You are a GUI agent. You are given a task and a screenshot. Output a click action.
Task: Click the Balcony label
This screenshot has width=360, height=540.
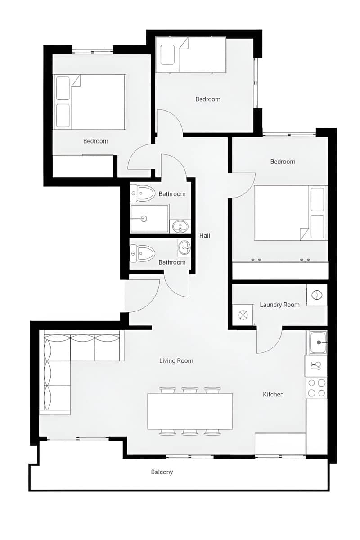pyautogui.click(x=162, y=472)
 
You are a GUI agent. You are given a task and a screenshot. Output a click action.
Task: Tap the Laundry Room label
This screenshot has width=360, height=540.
pyautogui.click(x=279, y=305)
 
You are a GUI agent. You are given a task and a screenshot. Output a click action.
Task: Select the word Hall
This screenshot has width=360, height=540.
pyautogui.click(x=205, y=235)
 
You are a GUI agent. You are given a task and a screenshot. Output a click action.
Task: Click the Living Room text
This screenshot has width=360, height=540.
pyautogui.click(x=176, y=360)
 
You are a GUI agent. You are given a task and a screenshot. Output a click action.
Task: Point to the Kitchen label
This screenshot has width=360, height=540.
pyautogui.click(x=273, y=394)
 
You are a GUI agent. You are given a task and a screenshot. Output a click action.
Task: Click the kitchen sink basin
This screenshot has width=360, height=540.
pyautogui.click(x=319, y=342)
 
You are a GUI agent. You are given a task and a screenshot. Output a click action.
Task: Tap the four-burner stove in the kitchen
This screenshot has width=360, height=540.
pyautogui.click(x=317, y=388)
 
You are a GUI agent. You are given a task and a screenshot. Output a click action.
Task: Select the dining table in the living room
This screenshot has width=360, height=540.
pyautogui.click(x=190, y=411)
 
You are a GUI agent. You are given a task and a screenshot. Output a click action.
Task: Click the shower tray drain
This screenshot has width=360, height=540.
pyautogui.click(x=144, y=219)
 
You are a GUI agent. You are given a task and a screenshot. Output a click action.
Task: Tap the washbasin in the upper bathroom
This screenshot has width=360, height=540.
pyautogui.click(x=181, y=226)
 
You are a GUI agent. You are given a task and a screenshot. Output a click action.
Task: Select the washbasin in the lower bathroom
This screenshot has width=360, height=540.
pyautogui.click(x=184, y=247)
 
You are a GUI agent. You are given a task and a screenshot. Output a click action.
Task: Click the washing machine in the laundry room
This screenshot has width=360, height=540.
pyautogui.click(x=317, y=295)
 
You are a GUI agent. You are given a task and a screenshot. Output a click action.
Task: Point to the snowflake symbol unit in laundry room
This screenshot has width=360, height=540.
pyautogui.click(x=243, y=315)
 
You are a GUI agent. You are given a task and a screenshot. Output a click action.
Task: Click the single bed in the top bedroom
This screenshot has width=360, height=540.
pyautogui.click(x=190, y=54)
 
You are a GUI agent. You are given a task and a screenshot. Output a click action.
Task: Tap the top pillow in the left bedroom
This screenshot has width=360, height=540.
pyautogui.click(x=63, y=88)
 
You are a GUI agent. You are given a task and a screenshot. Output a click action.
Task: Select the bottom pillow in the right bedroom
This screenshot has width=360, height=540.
pyautogui.click(x=317, y=226)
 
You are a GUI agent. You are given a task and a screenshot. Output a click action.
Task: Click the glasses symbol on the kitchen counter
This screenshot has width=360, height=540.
pyautogui.click(x=316, y=365)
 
